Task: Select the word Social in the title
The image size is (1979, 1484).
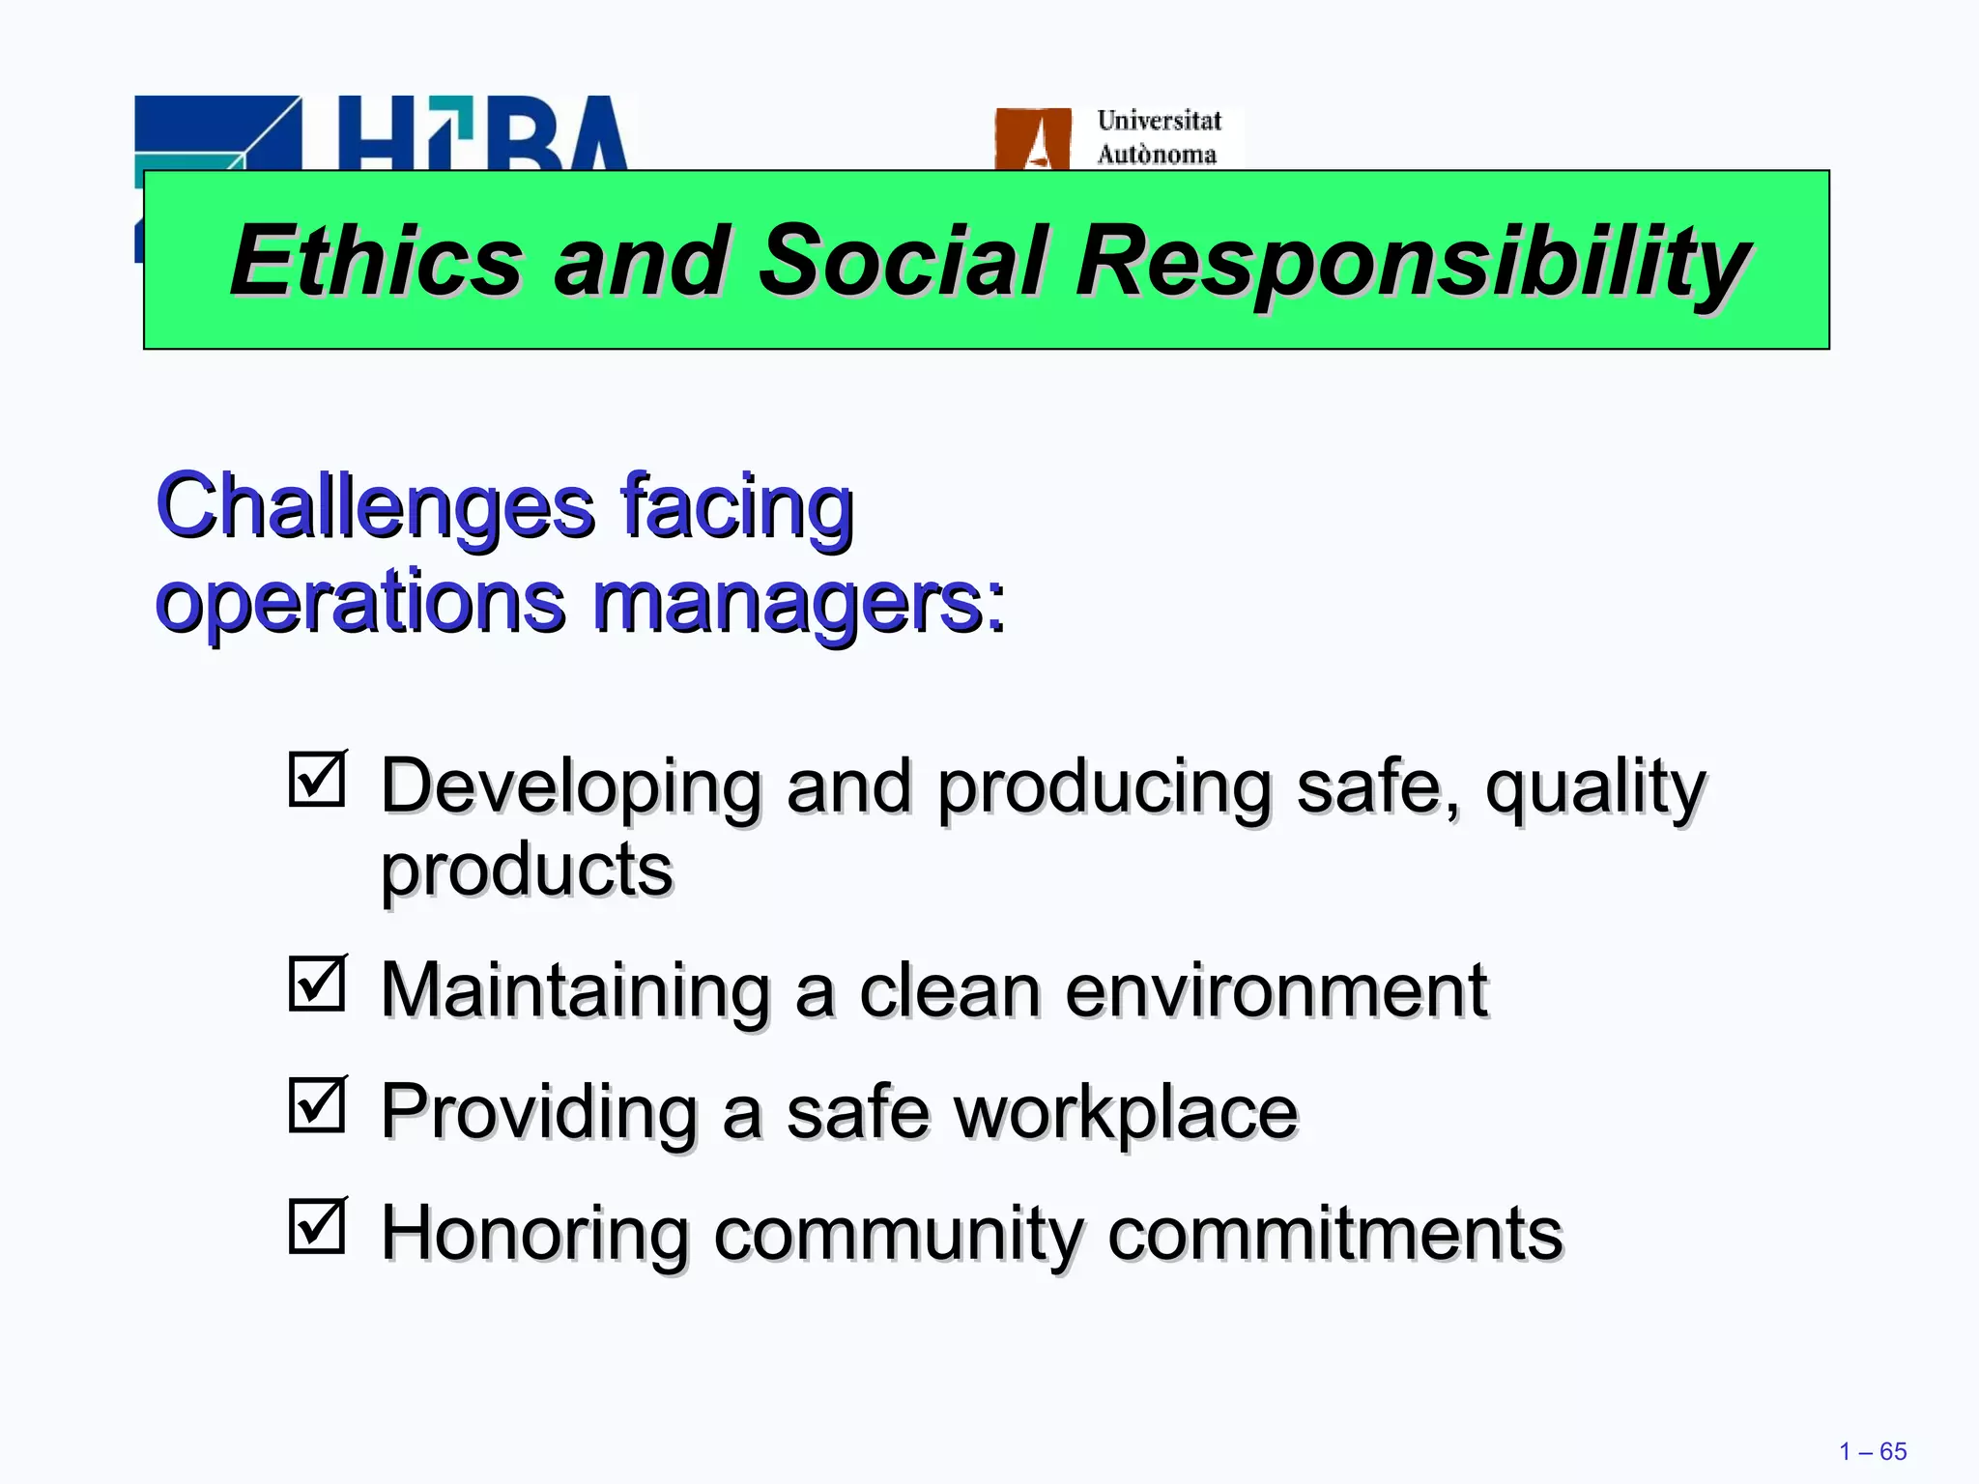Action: click(x=903, y=261)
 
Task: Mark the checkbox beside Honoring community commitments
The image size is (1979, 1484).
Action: click(x=317, y=1226)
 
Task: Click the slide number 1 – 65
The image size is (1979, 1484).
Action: click(x=1873, y=1451)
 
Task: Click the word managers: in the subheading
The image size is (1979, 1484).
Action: click(x=798, y=603)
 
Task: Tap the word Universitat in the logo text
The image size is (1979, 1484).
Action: click(x=1159, y=121)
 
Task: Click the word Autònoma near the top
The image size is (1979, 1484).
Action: click(x=1157, y=155)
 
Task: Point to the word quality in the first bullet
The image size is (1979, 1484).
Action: click(x=1595, y=787)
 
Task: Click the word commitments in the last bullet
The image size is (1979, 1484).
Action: click(x=1334, y=1234)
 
